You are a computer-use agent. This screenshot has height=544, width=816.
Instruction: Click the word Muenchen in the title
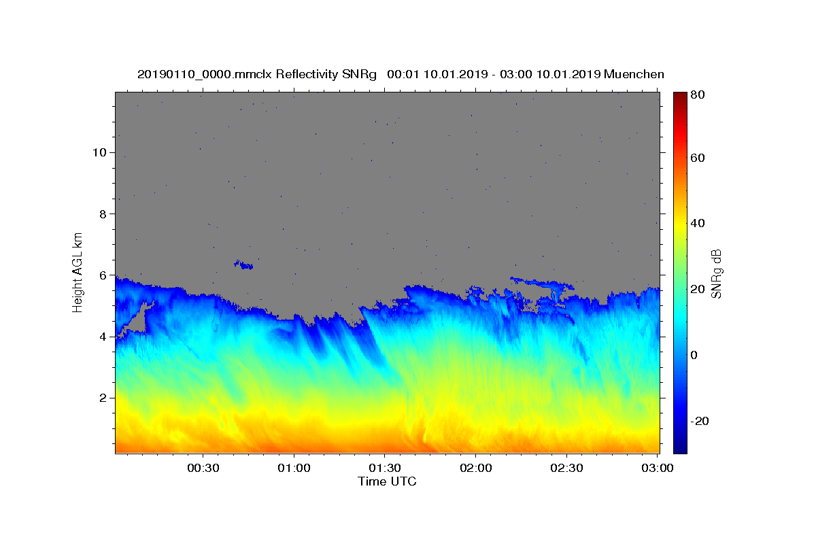tap(633, 74)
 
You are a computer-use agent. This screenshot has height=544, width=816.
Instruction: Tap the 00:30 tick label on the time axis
tap(203, 469)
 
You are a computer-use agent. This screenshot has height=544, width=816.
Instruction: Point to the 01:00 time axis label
tap(294, 469)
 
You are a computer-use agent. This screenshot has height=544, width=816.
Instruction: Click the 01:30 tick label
tap(385, 469)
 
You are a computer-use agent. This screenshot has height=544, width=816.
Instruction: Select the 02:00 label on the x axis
tap(476, 469)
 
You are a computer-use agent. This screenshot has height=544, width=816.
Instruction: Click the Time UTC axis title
tap(387, 481)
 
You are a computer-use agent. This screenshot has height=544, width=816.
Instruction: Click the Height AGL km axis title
tap(78, 271)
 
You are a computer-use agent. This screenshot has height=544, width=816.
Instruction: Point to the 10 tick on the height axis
tap(99, 152)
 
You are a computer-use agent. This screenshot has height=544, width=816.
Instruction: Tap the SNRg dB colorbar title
tap(716, 273)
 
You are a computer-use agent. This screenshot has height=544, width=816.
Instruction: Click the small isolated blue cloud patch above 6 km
tap(243, 265)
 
